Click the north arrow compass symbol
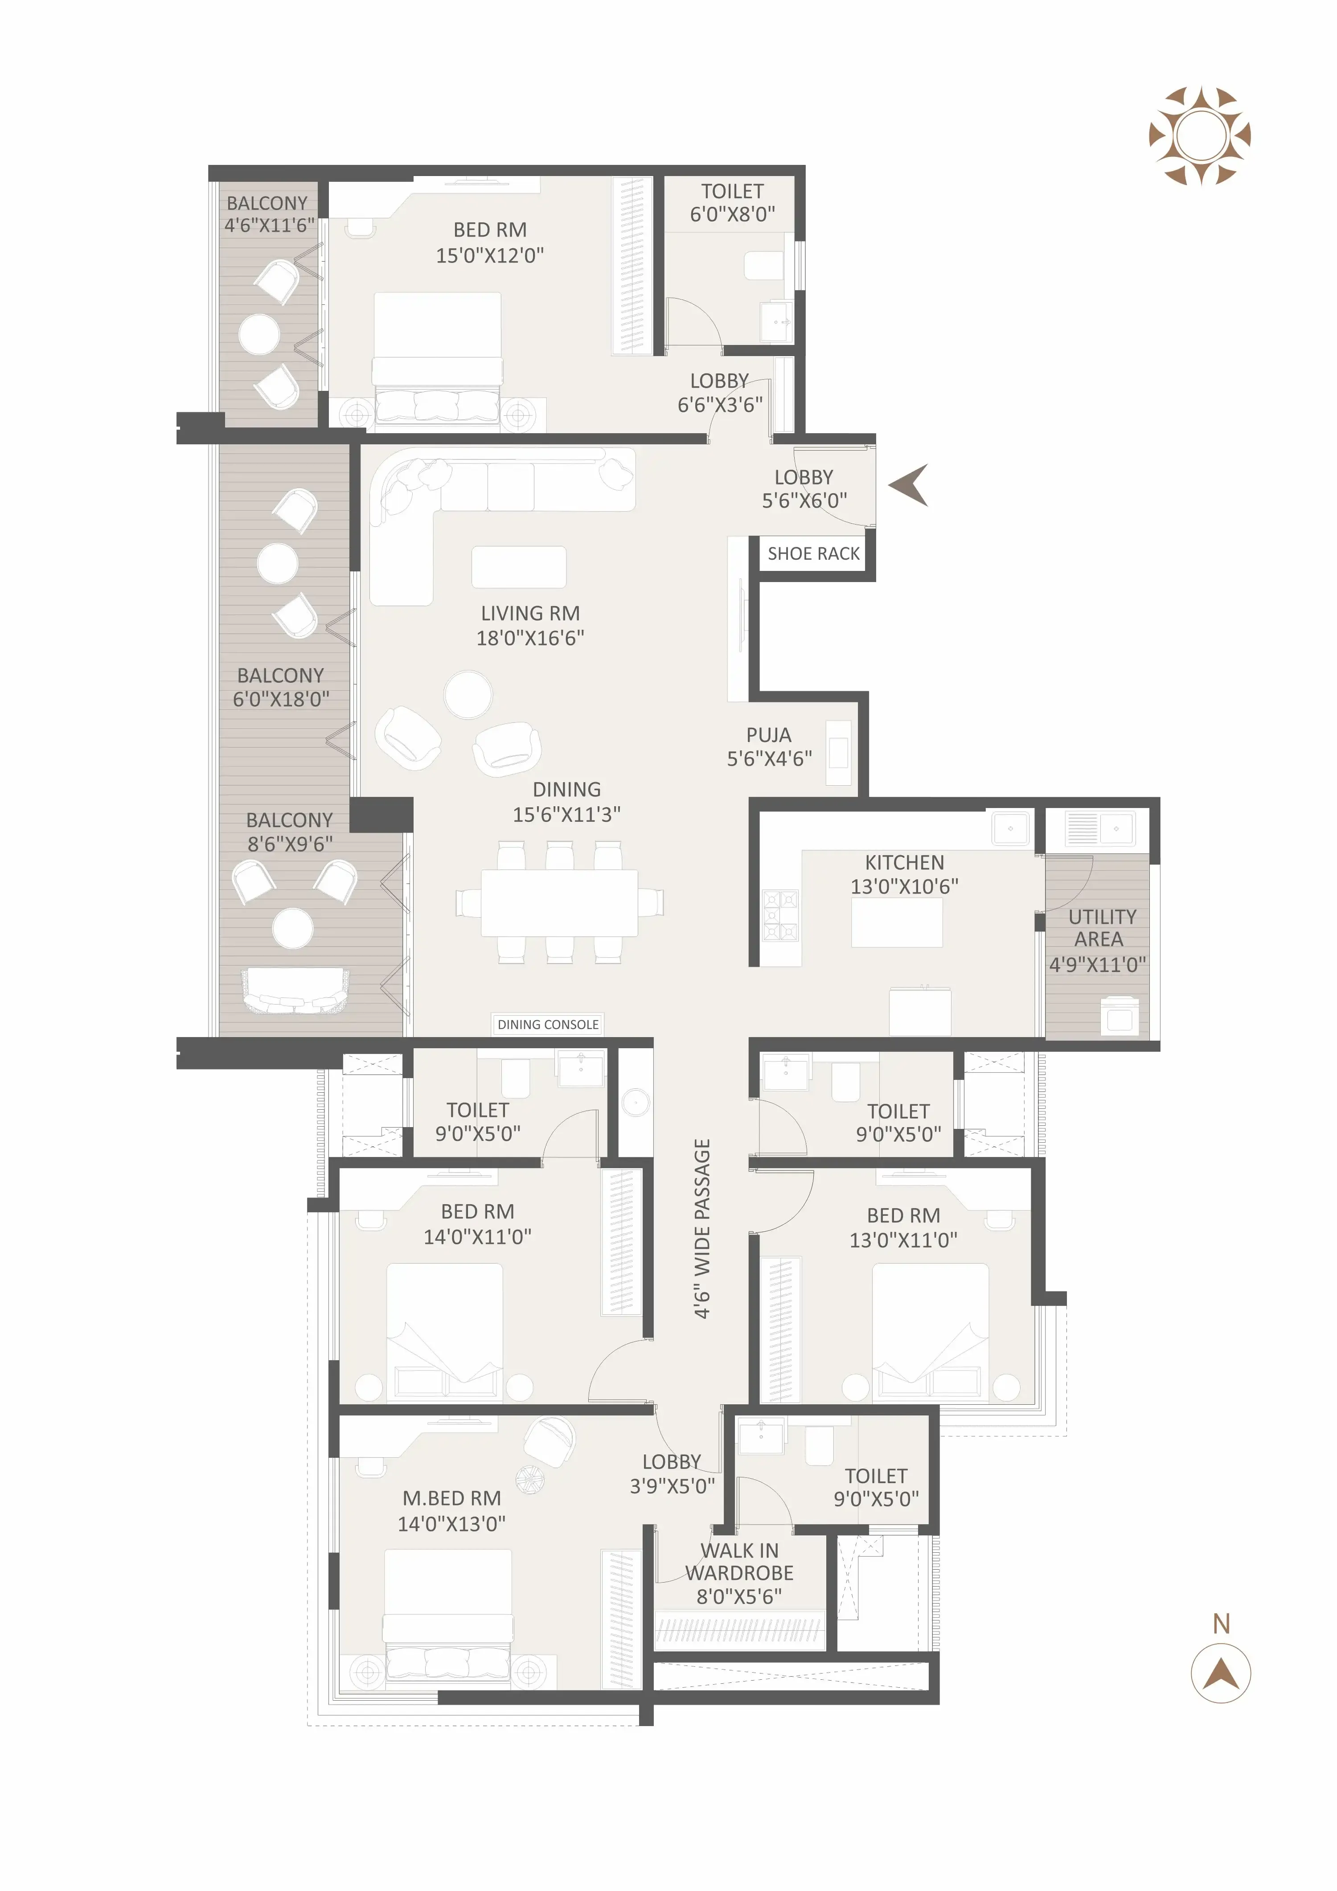[x=1220, y=1673]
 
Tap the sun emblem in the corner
[x=1199, y=136]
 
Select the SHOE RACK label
[x=813, y=554]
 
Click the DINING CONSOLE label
[x=548, y=1025]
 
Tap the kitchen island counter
[x=896, y=923]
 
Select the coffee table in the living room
[x=518, y=567]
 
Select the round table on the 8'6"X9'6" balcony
[x=292, y=928]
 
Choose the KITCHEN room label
[x=904, y=862]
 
